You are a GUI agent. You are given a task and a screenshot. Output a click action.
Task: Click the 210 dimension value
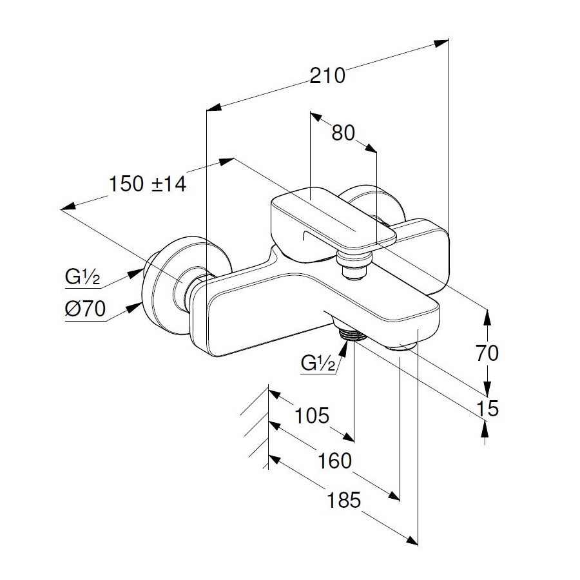[x=328, y=75]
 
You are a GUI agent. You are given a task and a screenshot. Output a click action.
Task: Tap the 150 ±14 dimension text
[x=147, y=184]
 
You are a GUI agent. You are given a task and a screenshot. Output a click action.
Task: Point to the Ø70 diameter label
[x=85, y=309]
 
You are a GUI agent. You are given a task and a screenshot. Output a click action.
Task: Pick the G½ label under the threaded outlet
[x=318, y=365]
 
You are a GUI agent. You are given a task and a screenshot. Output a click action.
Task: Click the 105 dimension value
[x=311, y=415]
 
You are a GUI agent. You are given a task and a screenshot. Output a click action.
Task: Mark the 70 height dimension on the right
[x=488, y=353]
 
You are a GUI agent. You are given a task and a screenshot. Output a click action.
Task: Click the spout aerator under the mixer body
[x=401, y=346]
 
